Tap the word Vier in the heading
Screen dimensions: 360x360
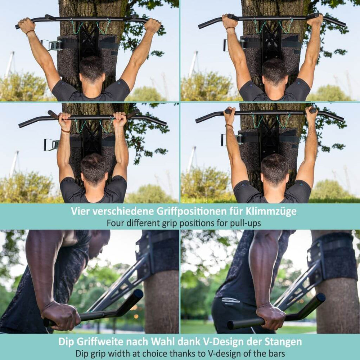coord(80,211)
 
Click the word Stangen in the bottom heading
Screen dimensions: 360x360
coord(284,341)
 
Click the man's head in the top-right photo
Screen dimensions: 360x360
coord(275,72)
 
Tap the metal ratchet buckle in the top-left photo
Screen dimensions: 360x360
coord(51,45)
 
